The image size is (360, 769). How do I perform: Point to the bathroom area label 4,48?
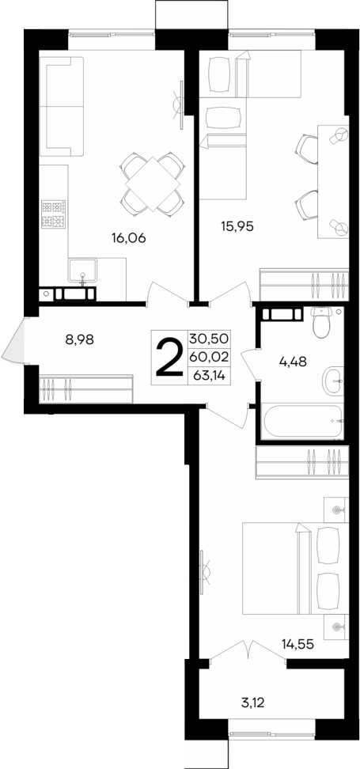click(293, 363)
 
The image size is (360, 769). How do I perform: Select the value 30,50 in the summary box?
click(209, 338)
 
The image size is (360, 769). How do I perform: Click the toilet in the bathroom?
click(321, 323)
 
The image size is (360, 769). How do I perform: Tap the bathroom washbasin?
click(333, 381)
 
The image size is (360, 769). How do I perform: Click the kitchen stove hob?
click(54, 214)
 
